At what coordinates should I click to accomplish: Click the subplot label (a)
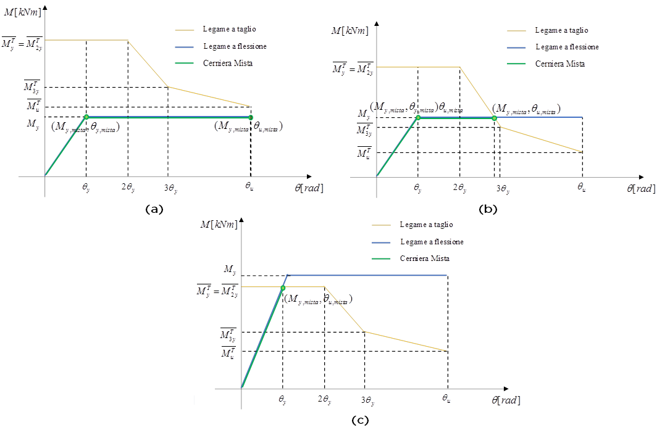tap(153, 209)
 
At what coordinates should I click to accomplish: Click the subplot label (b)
tap(488, 209)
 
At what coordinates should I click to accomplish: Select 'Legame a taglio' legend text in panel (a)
tap(229, 29)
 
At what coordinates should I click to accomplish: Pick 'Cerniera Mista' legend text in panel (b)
tap(560, 64)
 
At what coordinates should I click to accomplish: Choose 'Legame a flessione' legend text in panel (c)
tap(432, 242)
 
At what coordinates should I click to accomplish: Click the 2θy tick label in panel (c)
tap(324, 400)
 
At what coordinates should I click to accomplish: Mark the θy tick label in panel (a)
tap(86, 187)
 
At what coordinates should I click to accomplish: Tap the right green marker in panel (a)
tap(251, 117)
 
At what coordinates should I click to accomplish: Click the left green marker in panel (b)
tap(418, 117)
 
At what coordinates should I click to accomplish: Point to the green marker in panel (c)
tap(283, 287)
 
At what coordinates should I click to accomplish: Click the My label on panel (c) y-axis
tap(229, 270)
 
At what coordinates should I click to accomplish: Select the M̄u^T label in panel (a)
tap(33, 106)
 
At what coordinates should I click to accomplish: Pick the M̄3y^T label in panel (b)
tap(364, 130)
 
